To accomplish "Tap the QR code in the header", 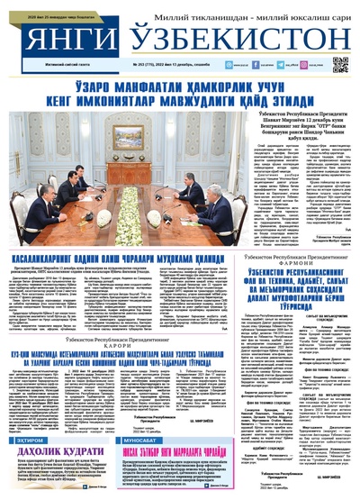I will [x=339, y=64].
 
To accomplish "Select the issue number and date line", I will [x=181, y=66].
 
